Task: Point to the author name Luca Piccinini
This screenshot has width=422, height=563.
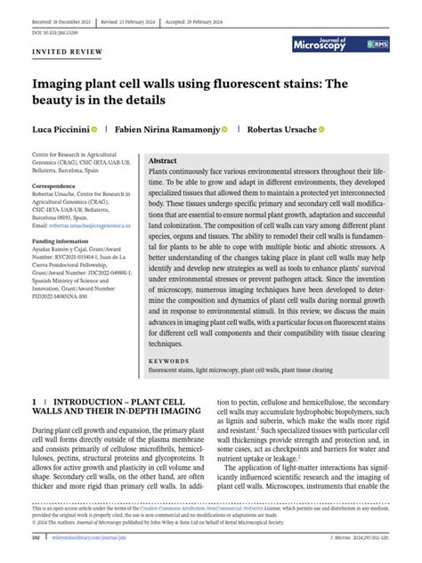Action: click(x=65, y=129)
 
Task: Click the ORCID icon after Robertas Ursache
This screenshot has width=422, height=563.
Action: click(x=321, y=129)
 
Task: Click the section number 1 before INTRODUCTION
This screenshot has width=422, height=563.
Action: click(x=34, y=404)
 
